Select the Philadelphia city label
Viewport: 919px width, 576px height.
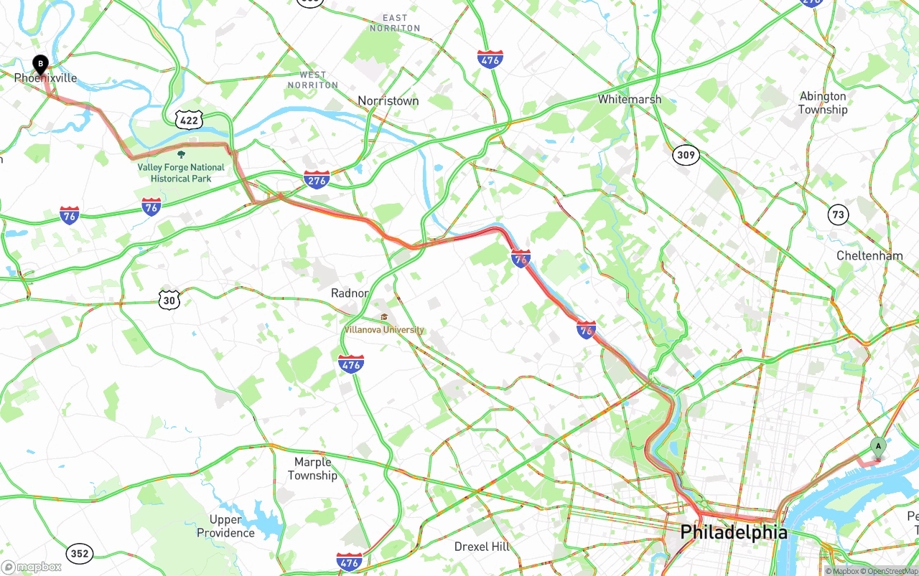coord(733,532)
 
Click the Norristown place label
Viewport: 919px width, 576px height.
coord(388,101)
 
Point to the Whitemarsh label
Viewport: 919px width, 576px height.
coord(629,99)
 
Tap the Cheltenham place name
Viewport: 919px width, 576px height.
coord(869,255)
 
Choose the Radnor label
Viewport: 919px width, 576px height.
coord(350,293)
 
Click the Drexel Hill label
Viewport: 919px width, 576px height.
coord(482,547)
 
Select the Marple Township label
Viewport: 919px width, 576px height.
coord(312,468)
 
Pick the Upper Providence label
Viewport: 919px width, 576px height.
coord(225,526)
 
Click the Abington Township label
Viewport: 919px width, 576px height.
coord(823,103)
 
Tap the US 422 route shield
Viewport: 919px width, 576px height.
coord(189,120)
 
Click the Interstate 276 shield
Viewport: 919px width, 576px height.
coord(317,179)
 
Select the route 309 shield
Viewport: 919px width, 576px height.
coord(686,154)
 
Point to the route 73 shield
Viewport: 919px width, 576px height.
coord(837,214)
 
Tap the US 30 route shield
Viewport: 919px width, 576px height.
coord(169,300)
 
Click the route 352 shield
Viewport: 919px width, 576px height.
coord(79,553)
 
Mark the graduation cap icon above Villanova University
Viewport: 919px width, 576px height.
coord(384,317)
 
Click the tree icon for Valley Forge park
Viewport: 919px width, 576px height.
coord(181,154)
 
